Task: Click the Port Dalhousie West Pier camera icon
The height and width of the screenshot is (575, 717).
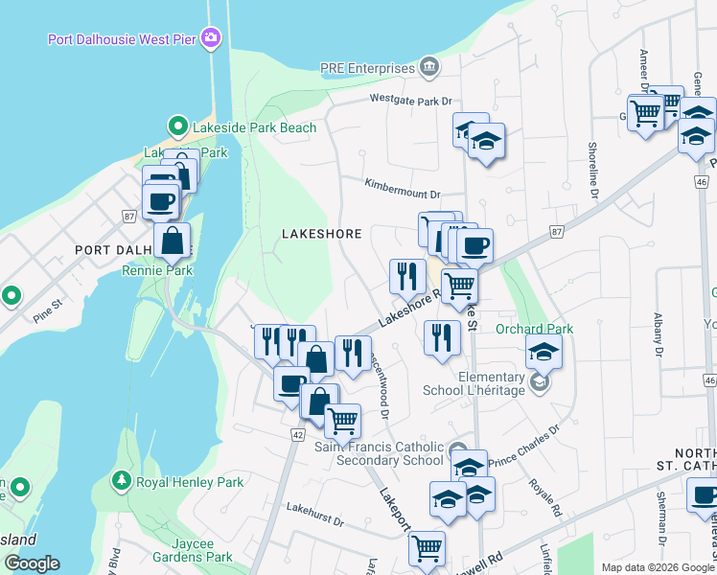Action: [x=212, y=38]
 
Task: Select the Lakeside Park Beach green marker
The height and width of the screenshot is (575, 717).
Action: [x=176, y=126]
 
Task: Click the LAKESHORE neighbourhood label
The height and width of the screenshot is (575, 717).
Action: [x=321, y=234]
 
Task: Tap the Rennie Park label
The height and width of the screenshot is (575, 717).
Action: [x=156, y=270]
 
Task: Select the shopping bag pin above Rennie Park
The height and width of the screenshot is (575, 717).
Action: [x=172, y=241]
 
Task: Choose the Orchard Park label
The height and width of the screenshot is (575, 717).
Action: [x=534, y=329]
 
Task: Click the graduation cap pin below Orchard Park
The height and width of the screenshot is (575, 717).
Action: [x=544, y=352]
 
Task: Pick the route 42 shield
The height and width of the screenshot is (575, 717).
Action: [x=297, y=435]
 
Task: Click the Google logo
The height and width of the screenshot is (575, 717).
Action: [x=32, y=563]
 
